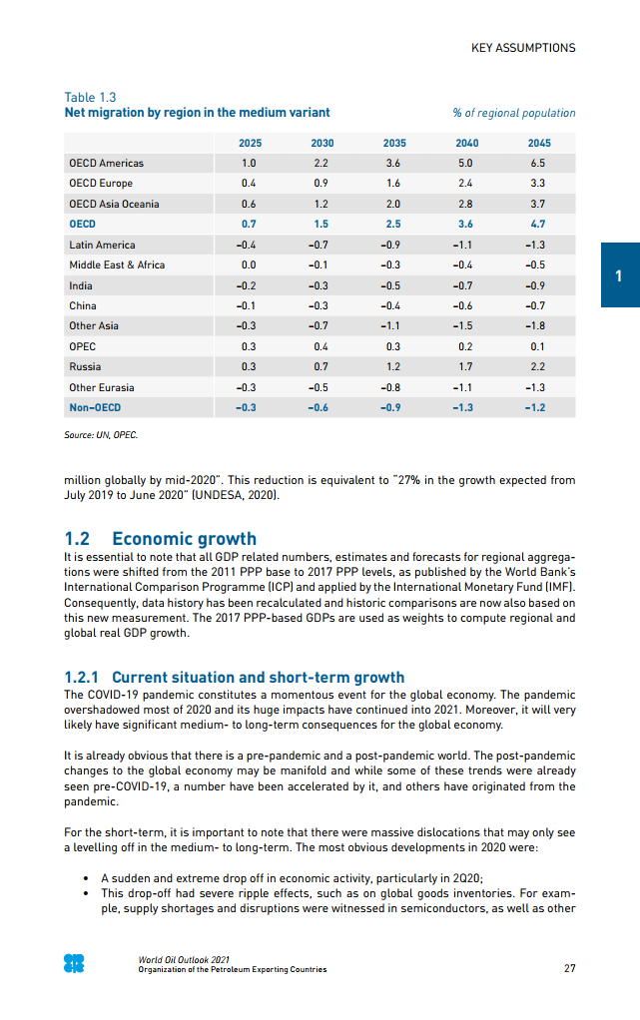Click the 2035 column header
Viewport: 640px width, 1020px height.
tap(393, 143)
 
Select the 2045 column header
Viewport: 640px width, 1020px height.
tap(538, 143)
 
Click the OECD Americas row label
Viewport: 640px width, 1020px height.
tap(106, 163)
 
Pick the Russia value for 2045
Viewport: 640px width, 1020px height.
tap(538, 366)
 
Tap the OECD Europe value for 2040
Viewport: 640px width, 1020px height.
tap(465, 184)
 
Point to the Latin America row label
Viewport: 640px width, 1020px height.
tap(102, 245)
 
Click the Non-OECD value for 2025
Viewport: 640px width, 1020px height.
tap(249, 407)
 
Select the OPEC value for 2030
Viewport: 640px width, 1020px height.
tap(321, 346)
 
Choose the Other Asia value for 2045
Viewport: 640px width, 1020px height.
tap(538, 325)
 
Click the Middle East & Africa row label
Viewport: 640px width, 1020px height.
tap(117, 264)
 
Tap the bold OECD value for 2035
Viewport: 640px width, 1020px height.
tap(393, 224)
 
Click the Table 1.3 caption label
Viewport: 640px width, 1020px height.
tap(90, 97)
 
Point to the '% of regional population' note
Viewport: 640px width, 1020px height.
tap(514, 113)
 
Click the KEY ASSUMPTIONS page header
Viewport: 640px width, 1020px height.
tap(523, 48)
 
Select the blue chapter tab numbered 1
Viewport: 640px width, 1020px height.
tap(619, 274)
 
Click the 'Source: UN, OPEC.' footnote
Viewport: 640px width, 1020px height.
tap(101, 436)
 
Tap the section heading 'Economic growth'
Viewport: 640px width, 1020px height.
tap(184, 539)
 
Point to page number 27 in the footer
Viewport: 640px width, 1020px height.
tap(569, 967)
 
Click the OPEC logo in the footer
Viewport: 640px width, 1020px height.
tap(74, 963)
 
